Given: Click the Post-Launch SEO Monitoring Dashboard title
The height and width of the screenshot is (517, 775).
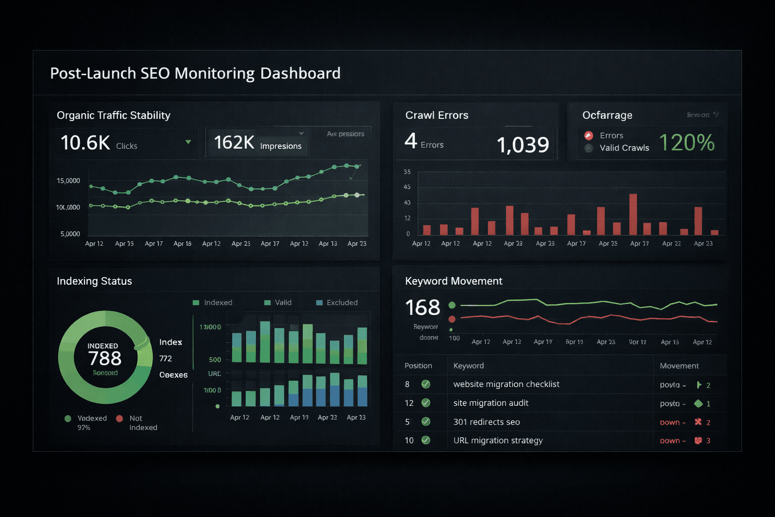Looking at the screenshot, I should (x=195, y=73).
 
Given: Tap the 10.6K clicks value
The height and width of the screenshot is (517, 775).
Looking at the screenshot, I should (x=85, y=143).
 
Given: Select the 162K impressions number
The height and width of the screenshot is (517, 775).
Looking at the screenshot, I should (x=234, y=143).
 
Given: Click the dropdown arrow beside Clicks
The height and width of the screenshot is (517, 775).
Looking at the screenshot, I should (x=188, y=142).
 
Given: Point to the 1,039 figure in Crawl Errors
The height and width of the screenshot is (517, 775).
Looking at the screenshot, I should (x=523, y=145).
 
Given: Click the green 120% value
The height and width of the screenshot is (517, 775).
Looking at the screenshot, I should (x=687, y=143).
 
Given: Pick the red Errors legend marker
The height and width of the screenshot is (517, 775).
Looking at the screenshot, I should (x=588, y=135).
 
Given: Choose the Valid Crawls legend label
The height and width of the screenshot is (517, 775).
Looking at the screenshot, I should (x=624, y=148).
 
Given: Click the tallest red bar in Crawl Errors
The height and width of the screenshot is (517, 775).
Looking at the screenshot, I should (x=633, y=214).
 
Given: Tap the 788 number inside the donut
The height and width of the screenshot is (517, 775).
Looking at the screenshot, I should (x=105, y=358).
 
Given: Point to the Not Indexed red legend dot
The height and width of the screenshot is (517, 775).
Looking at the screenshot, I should (x=120, y=419).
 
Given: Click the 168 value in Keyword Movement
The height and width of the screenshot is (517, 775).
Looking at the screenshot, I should (x=422, y=307).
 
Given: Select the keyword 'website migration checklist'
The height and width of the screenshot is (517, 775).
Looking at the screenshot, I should (x=506, y=384).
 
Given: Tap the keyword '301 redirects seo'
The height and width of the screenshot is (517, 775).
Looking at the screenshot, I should (x=486, y=422).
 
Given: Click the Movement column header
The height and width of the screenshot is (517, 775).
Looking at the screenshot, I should (x=679, y=366).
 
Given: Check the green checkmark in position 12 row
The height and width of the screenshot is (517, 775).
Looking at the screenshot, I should (x=426, y=403).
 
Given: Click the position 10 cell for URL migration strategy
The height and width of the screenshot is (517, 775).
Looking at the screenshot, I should (x=409, y=440).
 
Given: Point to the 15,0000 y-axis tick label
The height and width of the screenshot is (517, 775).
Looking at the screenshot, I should (x=68, y=181).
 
